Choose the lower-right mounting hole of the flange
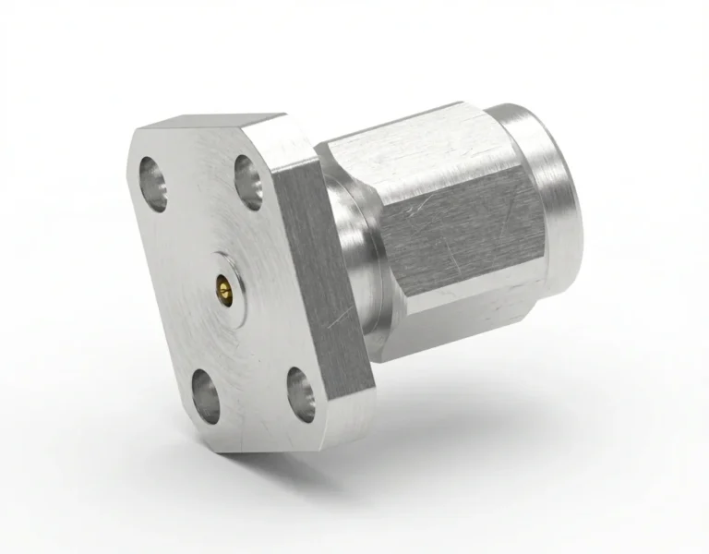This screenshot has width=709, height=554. [x=301, y=390]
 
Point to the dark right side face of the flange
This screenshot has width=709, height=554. [x=323, y=277]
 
